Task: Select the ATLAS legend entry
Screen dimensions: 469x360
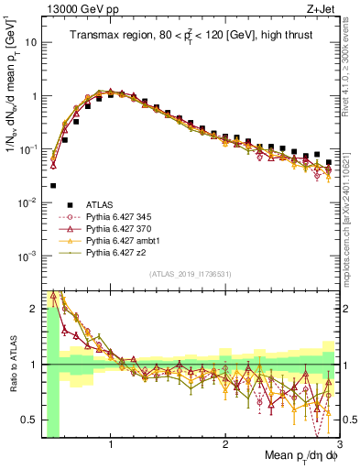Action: click(x=104, y=217)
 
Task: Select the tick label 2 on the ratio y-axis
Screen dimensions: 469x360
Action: click(x=35, y=309)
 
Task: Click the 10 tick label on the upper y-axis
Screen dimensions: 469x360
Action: click(x=30, y=42)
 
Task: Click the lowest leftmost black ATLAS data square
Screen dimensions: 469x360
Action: click(x=53, y=185)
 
